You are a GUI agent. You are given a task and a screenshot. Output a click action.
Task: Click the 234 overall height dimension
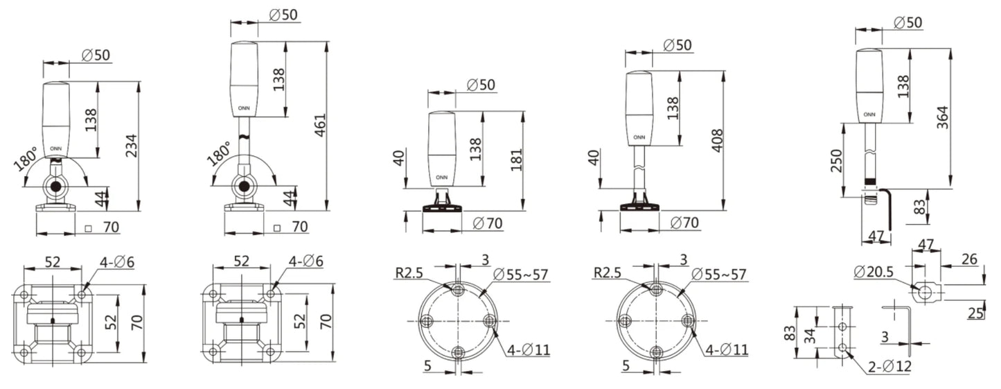click(131, 146)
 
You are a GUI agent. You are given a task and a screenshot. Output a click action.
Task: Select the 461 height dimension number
click(320, 126)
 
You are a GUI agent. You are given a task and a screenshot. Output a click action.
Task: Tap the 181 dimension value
click(516, 159)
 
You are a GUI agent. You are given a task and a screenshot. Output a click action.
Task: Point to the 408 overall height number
click(716, 140)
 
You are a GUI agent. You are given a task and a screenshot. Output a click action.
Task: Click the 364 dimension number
click(942, 118)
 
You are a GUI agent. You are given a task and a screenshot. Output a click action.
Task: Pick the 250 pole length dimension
click(835, 160)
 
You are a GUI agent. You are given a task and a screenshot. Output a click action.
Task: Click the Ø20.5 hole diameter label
click(874, 271)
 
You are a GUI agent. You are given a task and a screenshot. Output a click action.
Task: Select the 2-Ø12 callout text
click(889, 367)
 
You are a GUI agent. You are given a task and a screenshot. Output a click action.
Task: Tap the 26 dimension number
click(969, 259)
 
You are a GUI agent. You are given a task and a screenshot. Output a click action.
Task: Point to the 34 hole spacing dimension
click(809, 336)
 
